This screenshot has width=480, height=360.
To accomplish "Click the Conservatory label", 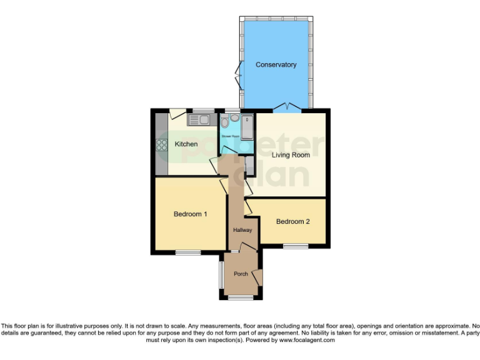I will point(276,65).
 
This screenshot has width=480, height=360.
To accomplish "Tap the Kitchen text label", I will point(186,144).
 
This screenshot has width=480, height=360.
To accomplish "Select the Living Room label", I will point(291,155).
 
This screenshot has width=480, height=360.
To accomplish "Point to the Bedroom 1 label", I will point(190,214).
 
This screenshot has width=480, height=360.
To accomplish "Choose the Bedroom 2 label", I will point(293,221).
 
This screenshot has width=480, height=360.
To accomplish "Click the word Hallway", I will point(242,231).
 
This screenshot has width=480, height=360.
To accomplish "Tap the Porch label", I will point(241,274).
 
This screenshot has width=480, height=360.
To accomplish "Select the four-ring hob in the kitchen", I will point(162,145).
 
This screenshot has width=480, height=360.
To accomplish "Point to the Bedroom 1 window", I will point(187,252).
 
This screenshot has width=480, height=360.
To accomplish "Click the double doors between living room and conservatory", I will point(287,107).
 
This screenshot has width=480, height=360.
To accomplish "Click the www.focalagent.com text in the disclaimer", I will point(307,341).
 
